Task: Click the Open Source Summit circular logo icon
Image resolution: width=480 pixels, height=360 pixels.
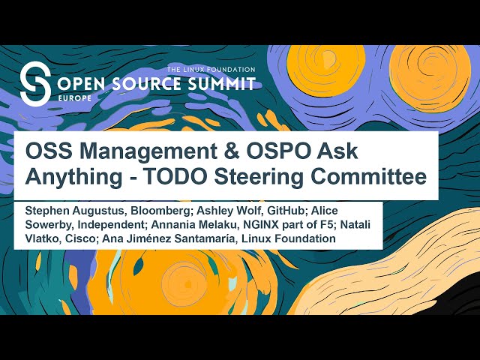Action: pos(34,83)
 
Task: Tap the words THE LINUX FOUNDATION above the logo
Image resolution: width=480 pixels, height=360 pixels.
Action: pos(211,69)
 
